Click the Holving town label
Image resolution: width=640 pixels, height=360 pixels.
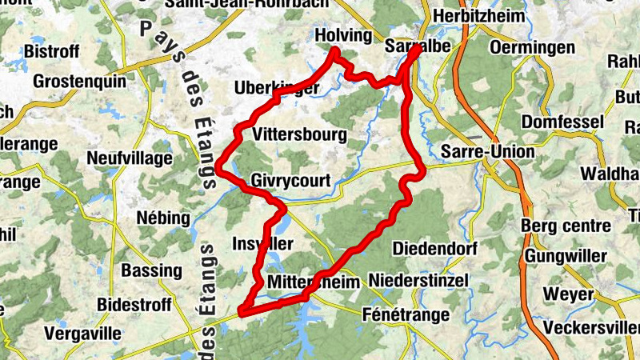pos(344,36)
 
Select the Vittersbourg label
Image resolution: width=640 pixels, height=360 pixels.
pos(299,134)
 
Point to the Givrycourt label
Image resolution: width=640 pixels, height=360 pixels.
pos(290,181)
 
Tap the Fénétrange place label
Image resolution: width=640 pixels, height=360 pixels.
pos(406,314)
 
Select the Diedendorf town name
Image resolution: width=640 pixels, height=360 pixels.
pos(435,249)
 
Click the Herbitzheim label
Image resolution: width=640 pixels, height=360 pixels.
pos(479,16)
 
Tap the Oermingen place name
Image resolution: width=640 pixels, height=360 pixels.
pos(533,48)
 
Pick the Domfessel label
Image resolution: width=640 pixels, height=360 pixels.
pos(559,122)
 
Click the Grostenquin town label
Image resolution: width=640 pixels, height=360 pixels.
pos(79,81)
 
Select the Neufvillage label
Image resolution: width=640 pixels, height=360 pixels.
pos(130,158)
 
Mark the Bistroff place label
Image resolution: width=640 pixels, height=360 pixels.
pos(53,51)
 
